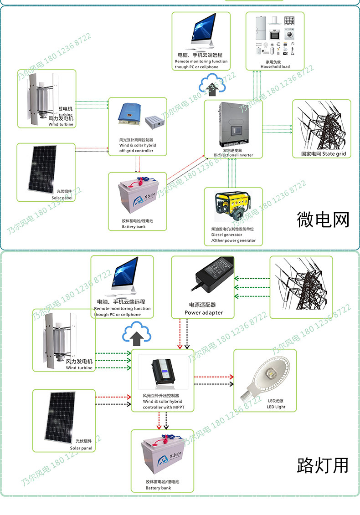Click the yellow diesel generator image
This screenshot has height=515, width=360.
[233, 207]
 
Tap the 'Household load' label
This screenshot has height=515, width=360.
[275, 66]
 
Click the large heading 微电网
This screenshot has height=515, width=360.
[323, 219]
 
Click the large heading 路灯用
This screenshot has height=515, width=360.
[323, 465]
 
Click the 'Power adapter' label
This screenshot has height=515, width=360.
[203, 312]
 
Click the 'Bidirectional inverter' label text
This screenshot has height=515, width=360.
[233, 155]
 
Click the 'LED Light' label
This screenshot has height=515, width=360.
[276, 407]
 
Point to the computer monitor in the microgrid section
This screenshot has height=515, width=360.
[201, 31]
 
